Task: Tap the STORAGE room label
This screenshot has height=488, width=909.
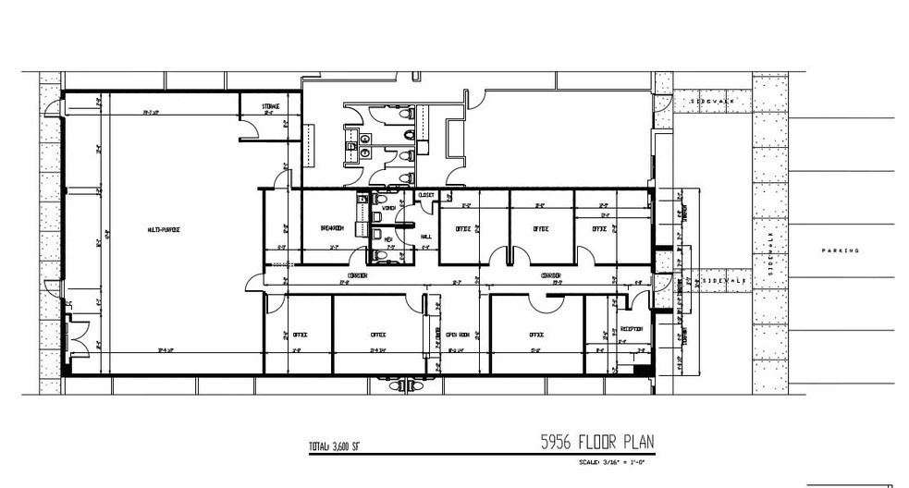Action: point(270,107)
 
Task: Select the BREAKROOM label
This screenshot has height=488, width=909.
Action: point(332,229)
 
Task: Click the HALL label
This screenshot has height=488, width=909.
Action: point(426,237)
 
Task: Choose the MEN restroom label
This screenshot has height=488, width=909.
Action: point(389,238)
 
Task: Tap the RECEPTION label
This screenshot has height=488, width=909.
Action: point(633,328)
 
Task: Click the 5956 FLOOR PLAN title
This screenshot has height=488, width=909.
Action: point(597,442)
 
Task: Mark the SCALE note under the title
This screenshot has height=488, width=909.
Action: point(611,461)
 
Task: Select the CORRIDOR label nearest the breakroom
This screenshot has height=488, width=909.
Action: point(358,275)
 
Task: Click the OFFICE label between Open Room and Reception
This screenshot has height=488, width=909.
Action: point(535,335)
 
